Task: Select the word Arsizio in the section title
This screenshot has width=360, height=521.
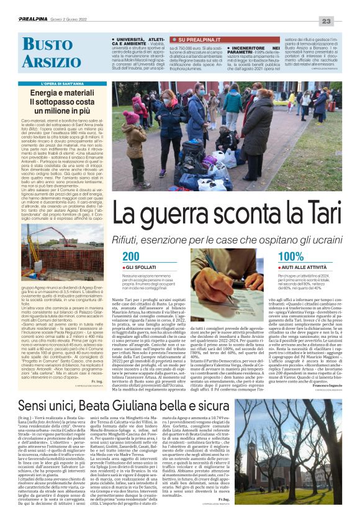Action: coord(48,62)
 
